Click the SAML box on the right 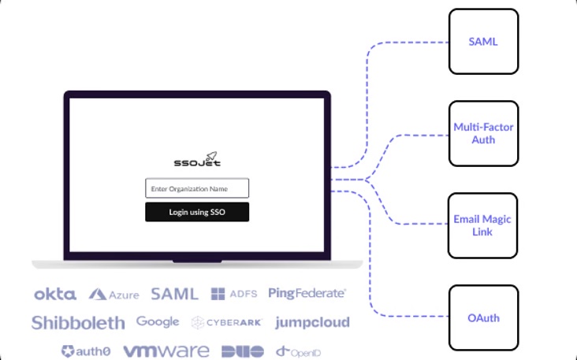[x=483, y=42]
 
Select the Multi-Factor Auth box [x=483, y=133]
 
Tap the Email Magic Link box [x=483, y=225]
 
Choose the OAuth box [x=483, y=318]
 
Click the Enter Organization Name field [x=197, y=188]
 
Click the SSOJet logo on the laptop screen [x=197, y=160]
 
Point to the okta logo [x=55, y=294]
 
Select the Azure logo [x=114, y=295]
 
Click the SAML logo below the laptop [x=174, y=294]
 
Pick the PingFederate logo [x=307, y=293]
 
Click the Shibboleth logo [x=78, y=322]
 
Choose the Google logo [x=158, y=321]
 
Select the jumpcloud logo [x=312, y=322]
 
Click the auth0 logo [x=86, y=351]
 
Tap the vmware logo [x=166, y=351]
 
